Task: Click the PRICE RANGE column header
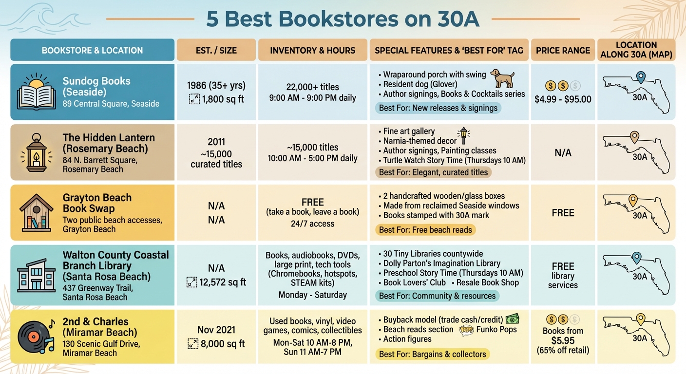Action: (563, 50)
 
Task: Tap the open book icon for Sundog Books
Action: (37, 92)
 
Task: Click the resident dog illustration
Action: (502, 78)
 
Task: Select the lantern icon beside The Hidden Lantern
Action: (37, 152)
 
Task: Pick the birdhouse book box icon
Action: (37, 213)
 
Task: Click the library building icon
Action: (37, 275)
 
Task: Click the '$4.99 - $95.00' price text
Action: (563, 99)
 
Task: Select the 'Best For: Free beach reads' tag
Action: (425, 230)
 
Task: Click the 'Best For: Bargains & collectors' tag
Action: (432, 354)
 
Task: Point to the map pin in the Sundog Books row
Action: (641, 77)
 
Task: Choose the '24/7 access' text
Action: (312, 224)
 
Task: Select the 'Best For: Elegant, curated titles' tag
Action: (433, 172)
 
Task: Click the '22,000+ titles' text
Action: (312, 87)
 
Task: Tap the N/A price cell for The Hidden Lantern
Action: (563, 153)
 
